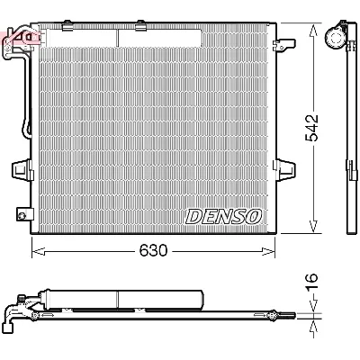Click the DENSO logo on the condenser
[x=223, y=217]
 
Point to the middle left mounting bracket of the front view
[x=20, y=168]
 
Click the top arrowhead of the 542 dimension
[x=312, y=27]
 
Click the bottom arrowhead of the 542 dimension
[x=312, y=229]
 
